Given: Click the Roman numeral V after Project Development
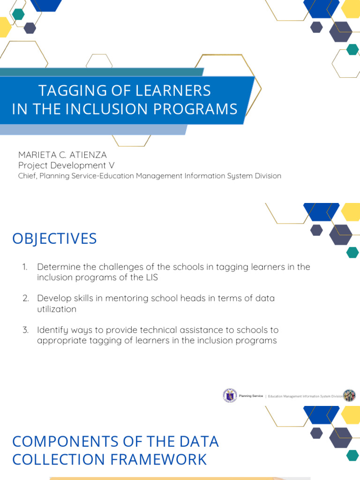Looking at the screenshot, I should click(112, 165).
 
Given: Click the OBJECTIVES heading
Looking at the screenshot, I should click(54, 239).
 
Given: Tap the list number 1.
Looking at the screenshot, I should click(25, 267).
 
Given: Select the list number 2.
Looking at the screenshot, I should click(25, 299).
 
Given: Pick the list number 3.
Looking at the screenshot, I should click(25, 330).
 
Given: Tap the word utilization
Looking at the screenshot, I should click(56, 309).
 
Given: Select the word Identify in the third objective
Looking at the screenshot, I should click(52, 330).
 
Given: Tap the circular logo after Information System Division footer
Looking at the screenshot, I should click(349, 396).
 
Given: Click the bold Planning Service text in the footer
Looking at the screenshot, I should click(251, 396).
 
